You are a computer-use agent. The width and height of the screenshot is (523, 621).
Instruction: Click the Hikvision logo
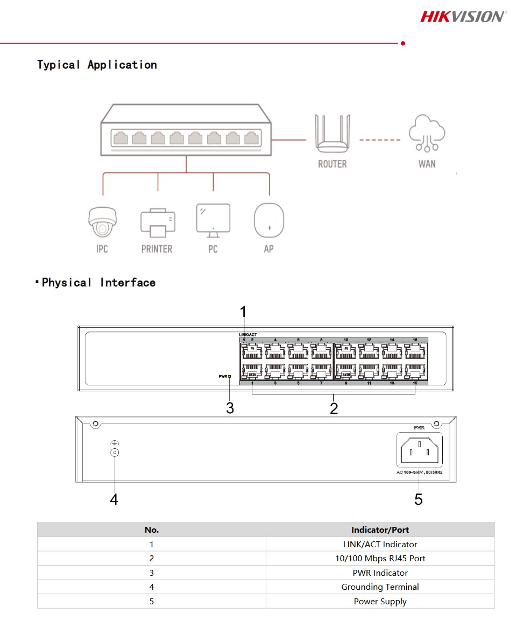[x=463, y=16]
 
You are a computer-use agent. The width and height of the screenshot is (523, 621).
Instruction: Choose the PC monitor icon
[x=213, y=220]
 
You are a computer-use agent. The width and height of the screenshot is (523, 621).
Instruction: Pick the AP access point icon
[x=268, y=220]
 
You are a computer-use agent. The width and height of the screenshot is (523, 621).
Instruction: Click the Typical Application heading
[x=97, y=65]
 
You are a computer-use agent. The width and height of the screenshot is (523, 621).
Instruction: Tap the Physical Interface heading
[x=98, y=283]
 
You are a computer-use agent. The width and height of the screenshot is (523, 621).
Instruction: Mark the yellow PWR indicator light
[x=230, y=377]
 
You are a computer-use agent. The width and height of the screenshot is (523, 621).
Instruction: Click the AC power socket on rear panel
[x=418, y=450]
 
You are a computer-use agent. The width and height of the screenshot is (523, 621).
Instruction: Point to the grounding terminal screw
[x=114, y=453]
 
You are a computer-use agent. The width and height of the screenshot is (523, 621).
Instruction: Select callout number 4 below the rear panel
[x=114, y=500]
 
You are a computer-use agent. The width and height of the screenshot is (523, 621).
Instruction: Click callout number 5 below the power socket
[x=418, y=500]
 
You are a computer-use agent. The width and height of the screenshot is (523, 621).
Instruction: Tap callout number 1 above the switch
[x=243, y=312]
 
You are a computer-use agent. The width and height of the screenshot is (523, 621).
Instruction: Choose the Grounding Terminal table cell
[x=380, y=587]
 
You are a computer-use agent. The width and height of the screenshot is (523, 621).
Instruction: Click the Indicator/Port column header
[x=380, y=530]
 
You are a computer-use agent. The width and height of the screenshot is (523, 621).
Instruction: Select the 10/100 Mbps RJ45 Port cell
[x=380, y=559]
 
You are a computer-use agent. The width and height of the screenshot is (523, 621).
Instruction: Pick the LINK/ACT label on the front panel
[x=248, y=335]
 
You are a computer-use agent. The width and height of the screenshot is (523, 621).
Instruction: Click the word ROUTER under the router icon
[x=332, y=164]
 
